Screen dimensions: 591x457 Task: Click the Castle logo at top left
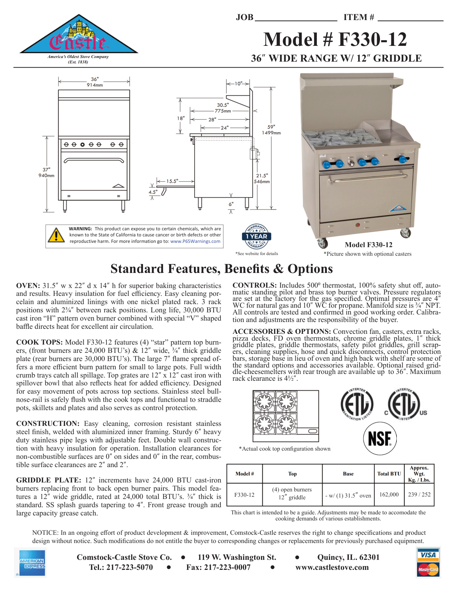point(78,36)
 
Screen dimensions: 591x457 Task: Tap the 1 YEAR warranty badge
point(257,236)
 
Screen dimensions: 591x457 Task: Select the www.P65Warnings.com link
point(195,241)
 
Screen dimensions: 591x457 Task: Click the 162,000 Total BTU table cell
point(389,495)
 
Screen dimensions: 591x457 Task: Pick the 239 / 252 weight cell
point(419,495)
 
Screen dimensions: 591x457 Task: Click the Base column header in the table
point(348,474)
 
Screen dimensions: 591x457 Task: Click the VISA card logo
point(428,555)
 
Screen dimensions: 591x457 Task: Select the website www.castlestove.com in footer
point(332,567)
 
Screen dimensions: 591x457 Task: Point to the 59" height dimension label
point(271,127)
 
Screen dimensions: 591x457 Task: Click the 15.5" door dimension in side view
point(172,181)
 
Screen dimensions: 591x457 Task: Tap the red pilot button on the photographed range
point(357,225)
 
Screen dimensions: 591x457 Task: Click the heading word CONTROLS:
point(254,285)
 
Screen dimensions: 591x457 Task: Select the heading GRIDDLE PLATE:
point(49,480)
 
